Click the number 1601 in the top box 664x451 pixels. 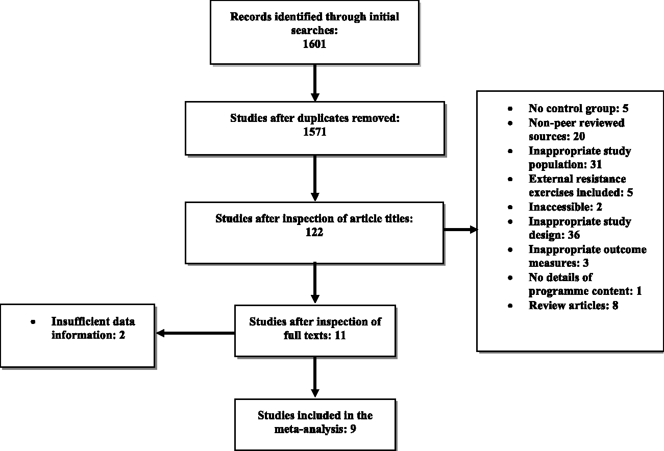coord(314,44)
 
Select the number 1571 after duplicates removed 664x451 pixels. coord(314,132)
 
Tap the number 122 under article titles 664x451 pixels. coord(314,232)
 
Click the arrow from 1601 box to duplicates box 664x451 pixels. coord(315,83)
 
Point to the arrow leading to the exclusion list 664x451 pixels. coord(461,230)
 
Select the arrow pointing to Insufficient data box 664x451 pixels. coord(195,333)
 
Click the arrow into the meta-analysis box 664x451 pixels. coord(315,377)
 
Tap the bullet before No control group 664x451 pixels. coord(510,109)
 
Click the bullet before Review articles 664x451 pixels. coord(510,306)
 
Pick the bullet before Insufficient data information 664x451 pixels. coord(33,322)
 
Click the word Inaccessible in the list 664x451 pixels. coord(561,207)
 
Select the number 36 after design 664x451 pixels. coord(574,235)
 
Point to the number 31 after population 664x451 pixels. coord(596,164)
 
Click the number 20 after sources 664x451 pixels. coord(579,136)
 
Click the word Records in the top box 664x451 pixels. coord(251,17)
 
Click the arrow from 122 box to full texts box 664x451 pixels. coord(315,283)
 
